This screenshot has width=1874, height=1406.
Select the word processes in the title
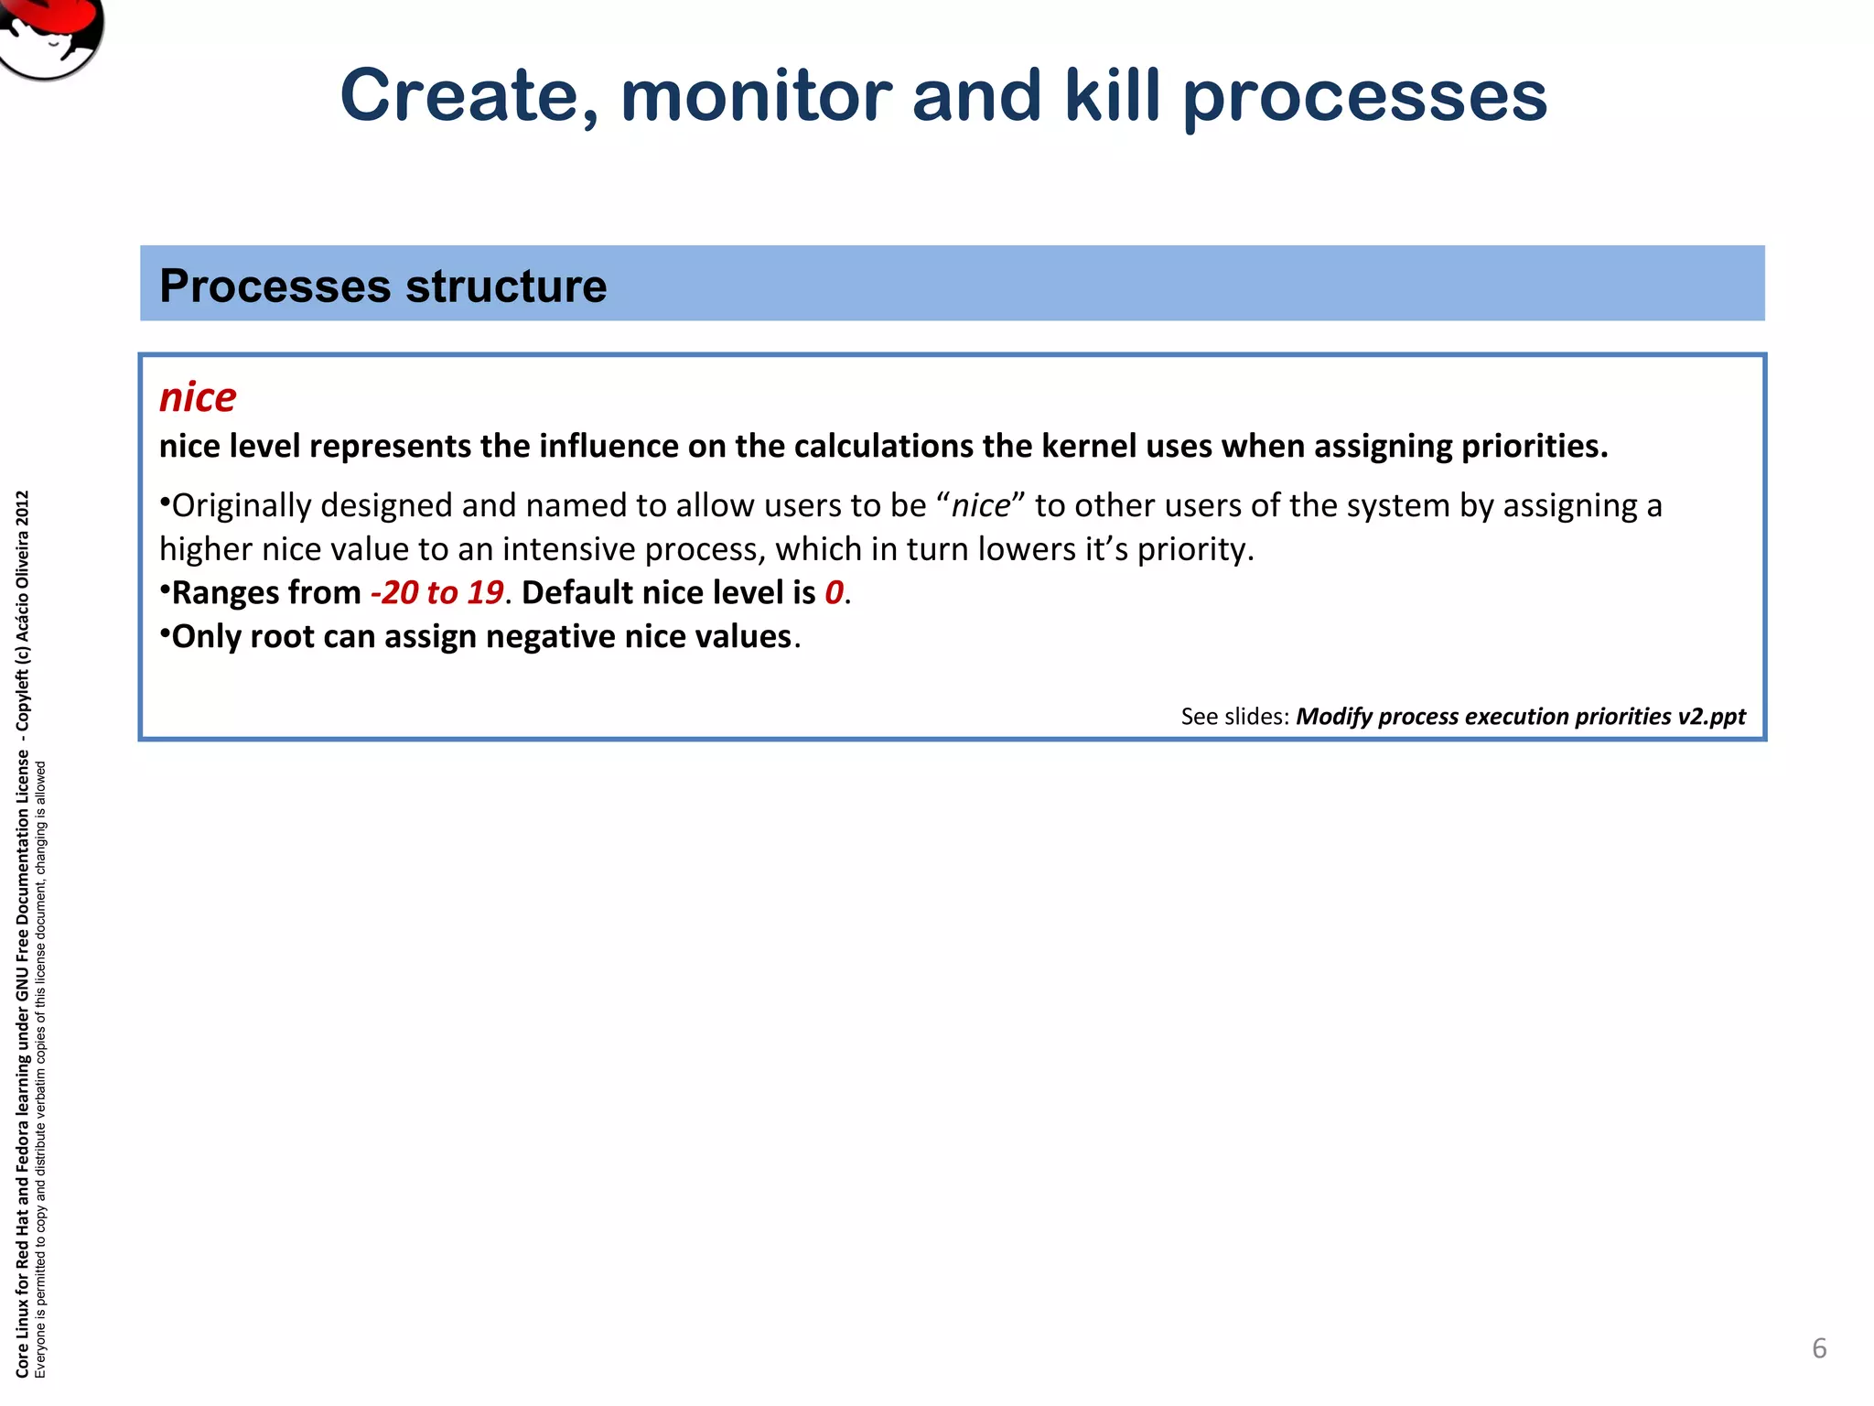tap(1364, 99)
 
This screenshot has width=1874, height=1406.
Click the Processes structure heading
tap(382, 286)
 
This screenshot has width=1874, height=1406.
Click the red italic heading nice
tap(198, 397)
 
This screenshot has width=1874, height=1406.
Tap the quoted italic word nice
tap(981, 505)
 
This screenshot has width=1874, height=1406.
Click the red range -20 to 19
tap(437, 592)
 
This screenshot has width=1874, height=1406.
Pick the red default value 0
tap(833, 592)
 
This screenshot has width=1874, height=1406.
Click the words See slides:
tap(1234, 716)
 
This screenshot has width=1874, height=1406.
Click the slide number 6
tap(1819, 1348)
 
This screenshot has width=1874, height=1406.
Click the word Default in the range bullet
tap(576, 592)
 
